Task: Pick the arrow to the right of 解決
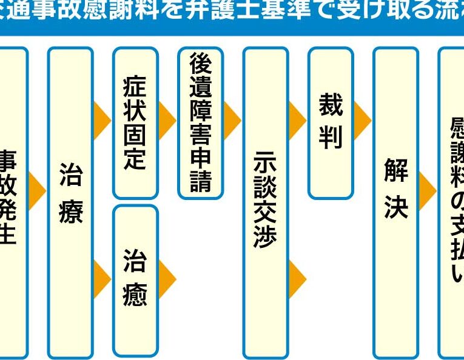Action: point(427,192)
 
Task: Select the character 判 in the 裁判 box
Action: point(331,138)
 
